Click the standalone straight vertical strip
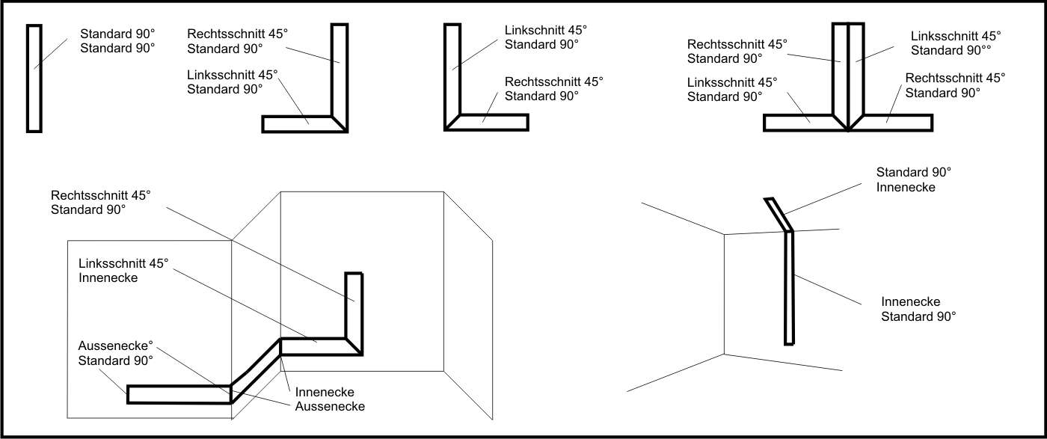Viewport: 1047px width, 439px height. (x=34, y=78)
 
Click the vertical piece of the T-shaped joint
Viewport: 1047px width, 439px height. (x=848, y=71)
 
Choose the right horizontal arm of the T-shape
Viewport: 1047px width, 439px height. (x=896, y=123)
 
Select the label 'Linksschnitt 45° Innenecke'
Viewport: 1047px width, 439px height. (x=124, y=271)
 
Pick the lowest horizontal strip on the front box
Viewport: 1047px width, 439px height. (x=178, y=394)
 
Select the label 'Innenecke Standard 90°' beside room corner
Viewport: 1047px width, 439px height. (x=918, y=309)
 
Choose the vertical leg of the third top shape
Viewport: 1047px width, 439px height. (x=452, y=71)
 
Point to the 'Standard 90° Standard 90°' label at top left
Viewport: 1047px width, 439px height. (x=117, y=40)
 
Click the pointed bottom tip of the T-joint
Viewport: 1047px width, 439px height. (x=848, y=130)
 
